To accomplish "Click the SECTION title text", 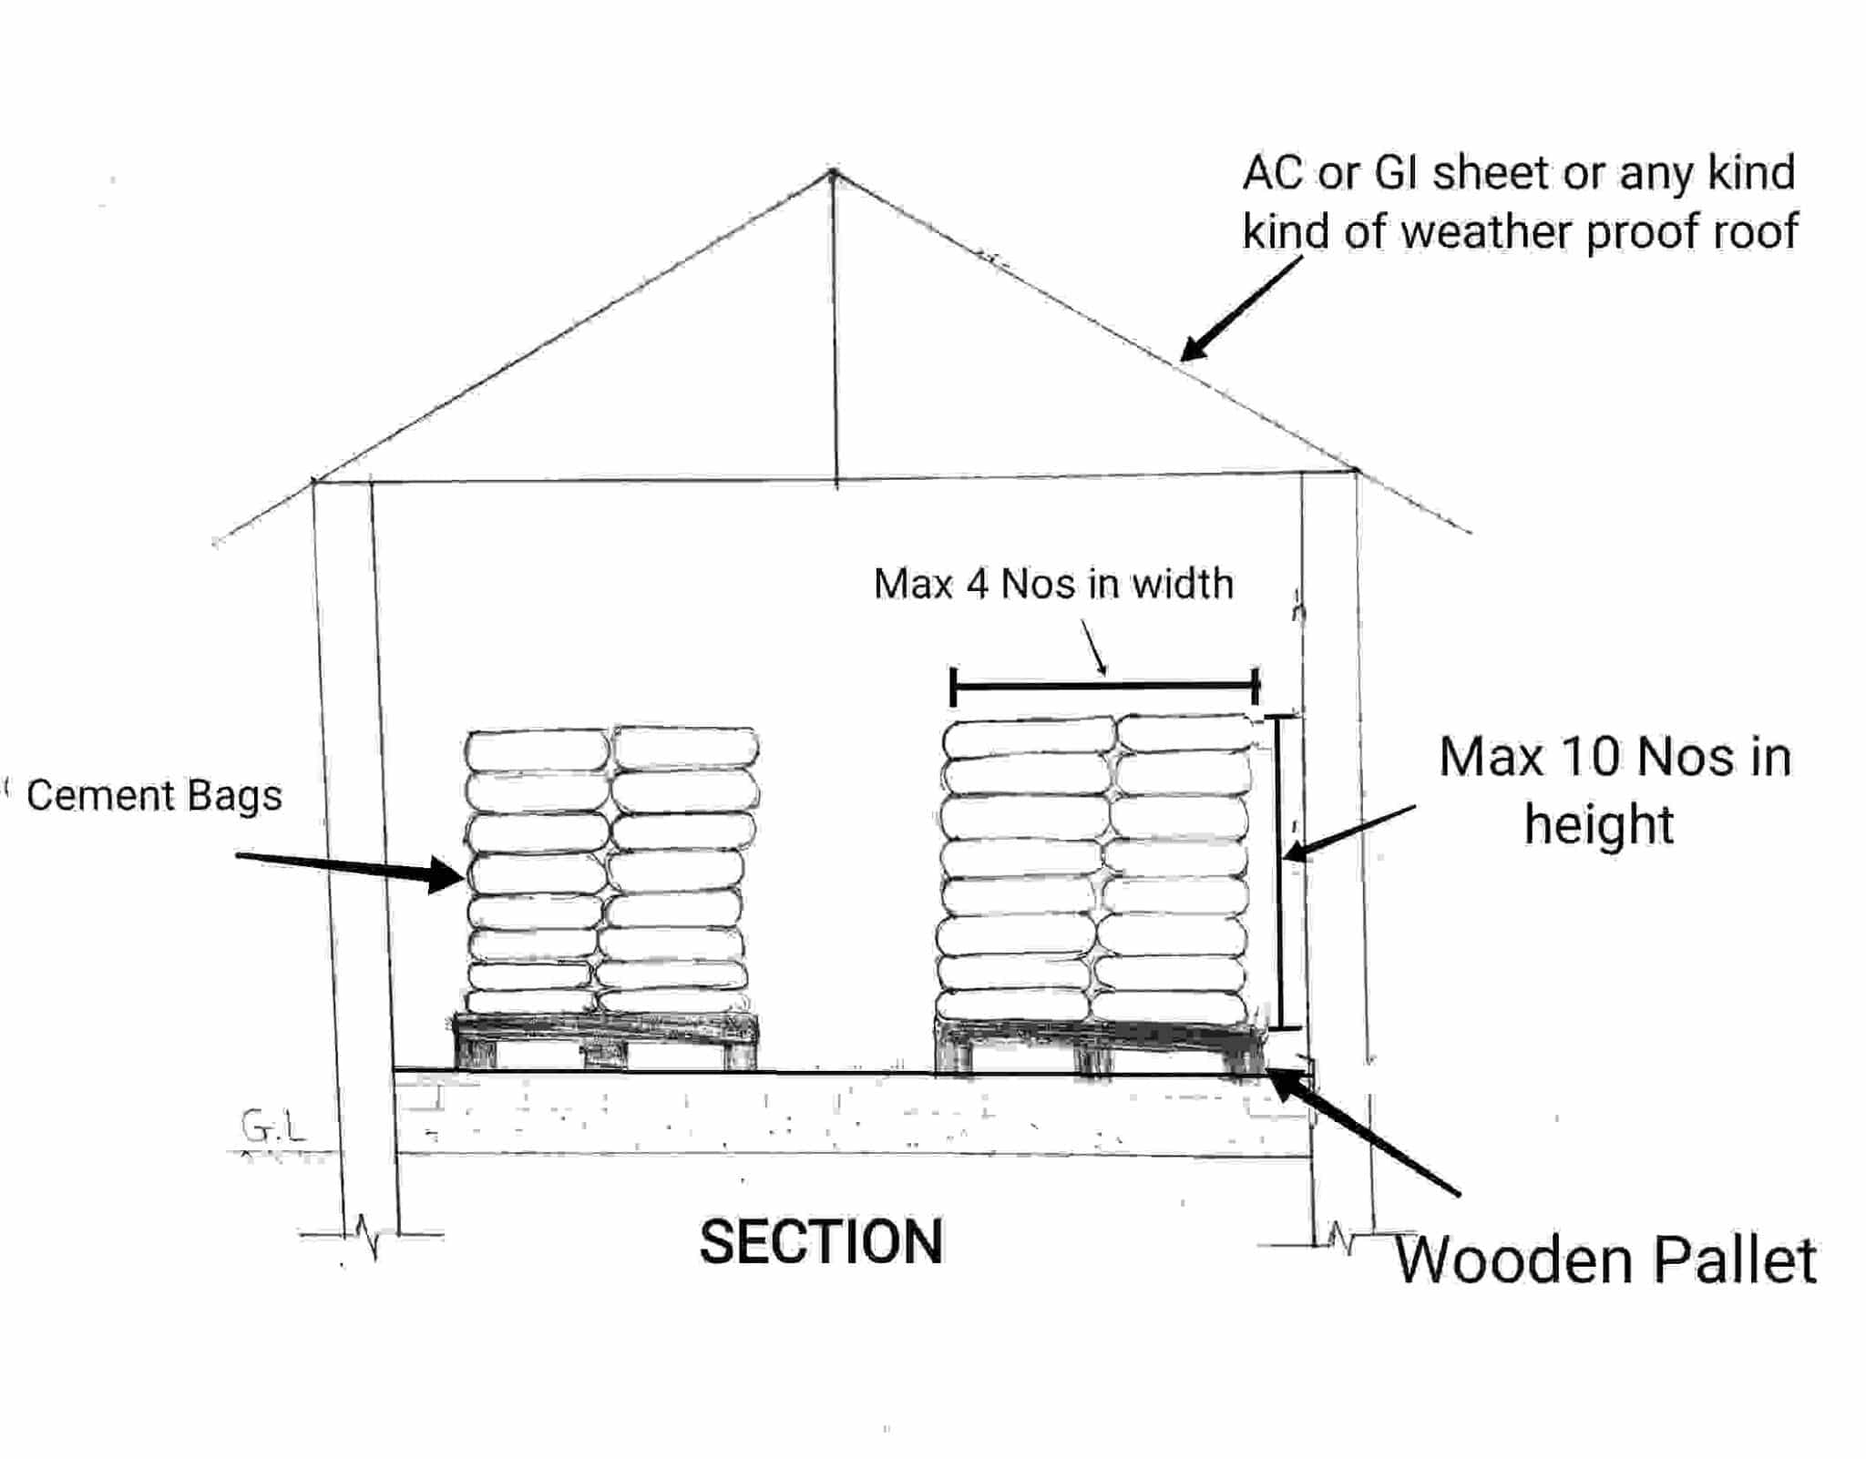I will point(821,1242).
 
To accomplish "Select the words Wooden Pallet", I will point(1605,1261).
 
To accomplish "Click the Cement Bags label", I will point(154,795).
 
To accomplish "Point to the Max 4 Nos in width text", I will point(1053,584).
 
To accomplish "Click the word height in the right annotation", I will point(1599,825).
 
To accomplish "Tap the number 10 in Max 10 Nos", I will point(1591,757).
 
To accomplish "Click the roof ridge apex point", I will point(832,171).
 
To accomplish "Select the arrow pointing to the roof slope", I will point(1240,310).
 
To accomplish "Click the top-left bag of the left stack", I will point(537,750).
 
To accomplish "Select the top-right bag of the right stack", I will point(1185,733).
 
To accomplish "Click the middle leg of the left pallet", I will point(603,1055).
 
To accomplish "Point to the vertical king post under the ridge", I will point(835,328).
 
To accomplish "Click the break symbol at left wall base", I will point(369,1235).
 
